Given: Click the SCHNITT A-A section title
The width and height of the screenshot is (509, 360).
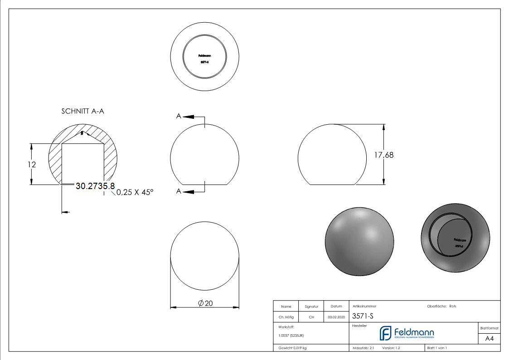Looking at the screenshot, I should [82, 111].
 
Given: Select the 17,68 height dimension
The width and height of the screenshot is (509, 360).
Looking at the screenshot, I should [383, 155].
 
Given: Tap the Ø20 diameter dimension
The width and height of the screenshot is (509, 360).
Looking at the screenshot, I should [205, 303].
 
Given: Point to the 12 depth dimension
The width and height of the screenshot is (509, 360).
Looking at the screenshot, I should [31, 165].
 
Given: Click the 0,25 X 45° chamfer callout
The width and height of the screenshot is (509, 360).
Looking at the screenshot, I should [135, 192].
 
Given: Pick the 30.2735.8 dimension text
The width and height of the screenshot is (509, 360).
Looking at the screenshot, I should [95, 186].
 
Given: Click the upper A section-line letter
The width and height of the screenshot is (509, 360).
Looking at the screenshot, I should [179, 117].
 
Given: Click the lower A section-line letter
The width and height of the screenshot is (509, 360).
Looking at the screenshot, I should [179, 192].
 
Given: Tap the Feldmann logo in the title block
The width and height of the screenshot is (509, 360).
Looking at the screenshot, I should [407, 333].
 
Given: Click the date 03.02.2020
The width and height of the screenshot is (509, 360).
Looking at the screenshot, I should [336, 317].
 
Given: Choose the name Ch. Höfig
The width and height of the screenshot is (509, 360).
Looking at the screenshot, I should [286, 317].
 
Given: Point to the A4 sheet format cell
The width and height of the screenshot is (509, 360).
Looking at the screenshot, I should [489, 339].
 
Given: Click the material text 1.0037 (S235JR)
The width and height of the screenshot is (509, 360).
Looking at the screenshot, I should [291, 336].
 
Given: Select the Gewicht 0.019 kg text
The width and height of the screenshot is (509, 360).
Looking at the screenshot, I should [292, 348].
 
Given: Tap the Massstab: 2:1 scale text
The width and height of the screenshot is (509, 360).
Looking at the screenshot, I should [363, 348].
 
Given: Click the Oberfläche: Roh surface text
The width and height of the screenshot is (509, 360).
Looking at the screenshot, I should [441, 306].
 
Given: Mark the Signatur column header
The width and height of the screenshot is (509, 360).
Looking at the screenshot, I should [311, 307].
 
